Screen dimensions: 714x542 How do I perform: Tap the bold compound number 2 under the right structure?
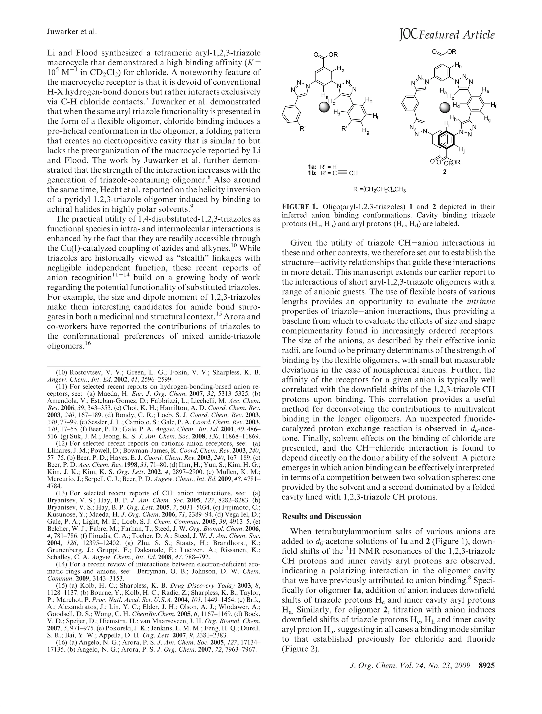click(445, 172)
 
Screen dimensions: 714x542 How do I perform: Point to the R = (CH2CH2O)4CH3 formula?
click(380, 190)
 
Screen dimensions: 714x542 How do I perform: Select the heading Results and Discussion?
click(321, 516)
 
